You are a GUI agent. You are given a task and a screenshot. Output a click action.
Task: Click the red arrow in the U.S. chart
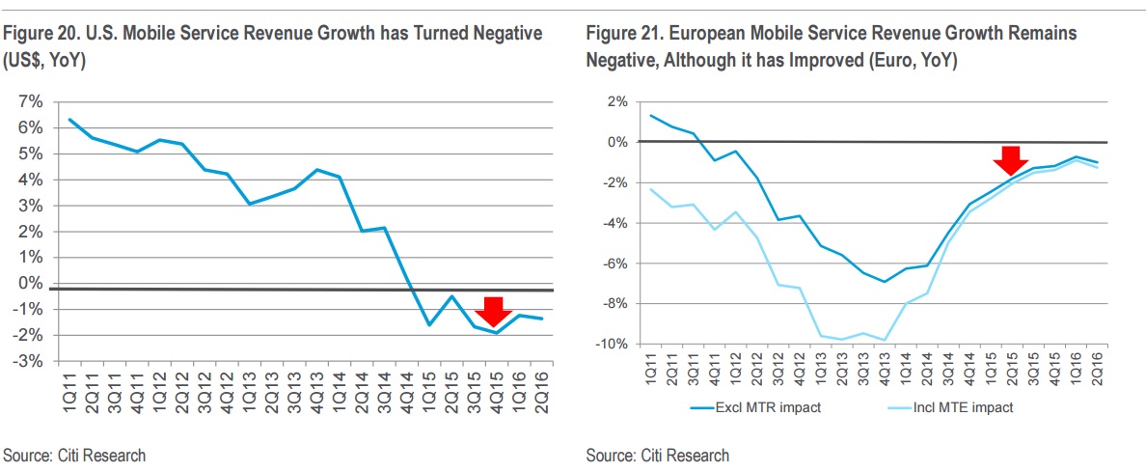point(492,311)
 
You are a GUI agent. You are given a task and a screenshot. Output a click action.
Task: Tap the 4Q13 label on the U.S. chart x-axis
point(314,391)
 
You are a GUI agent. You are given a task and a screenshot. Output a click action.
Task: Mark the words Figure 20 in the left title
point(36,34)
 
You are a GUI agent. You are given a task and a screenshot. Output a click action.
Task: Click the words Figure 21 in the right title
point(618,34)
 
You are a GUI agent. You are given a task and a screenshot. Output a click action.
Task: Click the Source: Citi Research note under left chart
point(74,455)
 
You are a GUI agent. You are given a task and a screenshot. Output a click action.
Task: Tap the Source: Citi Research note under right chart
point(658,455)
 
